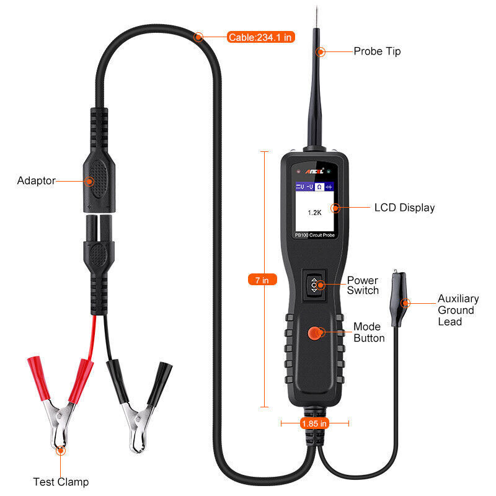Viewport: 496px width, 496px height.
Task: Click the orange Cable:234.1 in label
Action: [260, 37]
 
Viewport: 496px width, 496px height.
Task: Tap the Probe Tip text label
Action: [377, 51]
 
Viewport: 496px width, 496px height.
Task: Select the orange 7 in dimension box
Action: [262, 280]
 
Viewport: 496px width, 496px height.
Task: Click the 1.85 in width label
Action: [314, 423]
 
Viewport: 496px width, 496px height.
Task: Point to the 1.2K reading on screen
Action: [314, 212]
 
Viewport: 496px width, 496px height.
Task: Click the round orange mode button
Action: [315, 334]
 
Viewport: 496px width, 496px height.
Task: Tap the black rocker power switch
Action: [314, 286]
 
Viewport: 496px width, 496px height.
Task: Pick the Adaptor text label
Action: [36, 181]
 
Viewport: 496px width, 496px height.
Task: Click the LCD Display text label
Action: [404, 208]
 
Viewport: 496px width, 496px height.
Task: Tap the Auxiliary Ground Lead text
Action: [456, 310]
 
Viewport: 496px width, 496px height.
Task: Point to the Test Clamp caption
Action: [61, 482]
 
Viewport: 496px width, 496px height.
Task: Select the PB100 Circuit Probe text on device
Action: [314, 235]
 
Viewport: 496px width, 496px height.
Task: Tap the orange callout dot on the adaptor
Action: [89, 182]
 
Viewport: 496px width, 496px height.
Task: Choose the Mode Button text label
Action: [369, 332]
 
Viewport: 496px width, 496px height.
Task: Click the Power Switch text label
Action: [362, 286]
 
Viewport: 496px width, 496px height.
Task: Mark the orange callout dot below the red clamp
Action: [60, 451]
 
